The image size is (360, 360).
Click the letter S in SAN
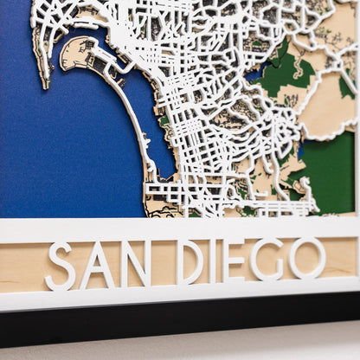[60, 266]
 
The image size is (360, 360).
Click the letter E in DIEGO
[235, 260]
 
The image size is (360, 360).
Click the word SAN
[97, 264]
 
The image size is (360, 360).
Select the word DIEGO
[250, 260]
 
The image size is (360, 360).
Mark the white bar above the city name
[173, 228]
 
